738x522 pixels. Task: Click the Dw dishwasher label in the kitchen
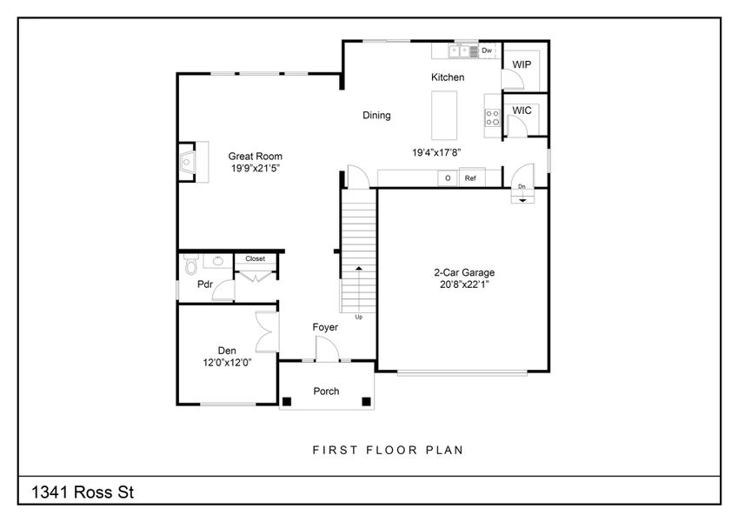click(487, 50)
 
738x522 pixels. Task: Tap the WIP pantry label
click(522, 65)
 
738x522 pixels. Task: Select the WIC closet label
click(522, 110)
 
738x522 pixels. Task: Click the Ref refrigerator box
click(470, 178)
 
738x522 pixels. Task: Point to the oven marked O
click(448, 178)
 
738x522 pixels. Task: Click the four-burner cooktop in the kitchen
click(492, 117)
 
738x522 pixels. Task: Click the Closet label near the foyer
click(255, 258)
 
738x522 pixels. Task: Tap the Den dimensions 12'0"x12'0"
click(227, 364)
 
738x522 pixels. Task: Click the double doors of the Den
click(268, 330)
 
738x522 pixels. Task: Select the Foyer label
click(325, 327)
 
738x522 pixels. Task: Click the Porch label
click(326, 391)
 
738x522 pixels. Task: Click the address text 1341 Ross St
click(83, 492)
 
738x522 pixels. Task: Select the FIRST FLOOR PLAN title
click(388, 451)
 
